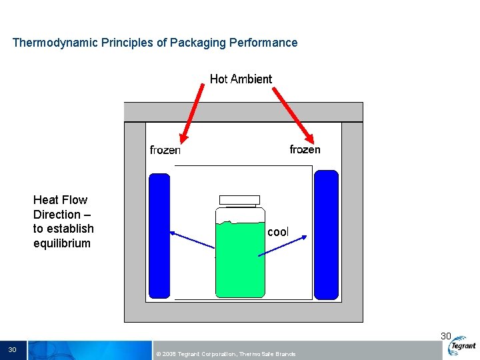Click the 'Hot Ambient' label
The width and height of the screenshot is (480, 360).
pos(241,79)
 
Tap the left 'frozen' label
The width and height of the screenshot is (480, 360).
pos(165,150)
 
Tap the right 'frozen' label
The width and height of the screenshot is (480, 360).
pos(305,149)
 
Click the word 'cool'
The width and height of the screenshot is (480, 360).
pos(278,232)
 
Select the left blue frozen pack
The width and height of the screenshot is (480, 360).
pos(159,235)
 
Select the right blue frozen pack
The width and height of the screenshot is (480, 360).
pos(326,235)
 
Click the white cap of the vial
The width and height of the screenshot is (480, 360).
pos(239,199)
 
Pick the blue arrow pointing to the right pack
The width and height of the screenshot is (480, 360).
pos(283,245)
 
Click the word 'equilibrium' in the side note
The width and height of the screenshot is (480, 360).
pos(61,243)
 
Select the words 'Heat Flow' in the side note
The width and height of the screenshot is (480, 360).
pos(60,200)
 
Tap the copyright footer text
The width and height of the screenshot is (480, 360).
pos(225,354)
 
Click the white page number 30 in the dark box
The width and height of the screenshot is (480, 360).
pos(12,350)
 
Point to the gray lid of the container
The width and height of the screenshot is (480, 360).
pos(243,111)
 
